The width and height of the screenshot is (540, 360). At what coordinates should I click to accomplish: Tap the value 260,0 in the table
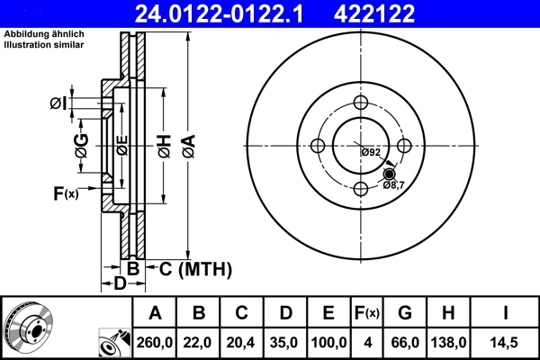(x=155, y=342)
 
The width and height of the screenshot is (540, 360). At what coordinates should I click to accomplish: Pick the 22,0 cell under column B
(x=200, y=342)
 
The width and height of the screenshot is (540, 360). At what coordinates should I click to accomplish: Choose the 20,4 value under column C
(x=242, y=342)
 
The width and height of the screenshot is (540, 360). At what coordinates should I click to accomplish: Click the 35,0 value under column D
(x=284, y=342)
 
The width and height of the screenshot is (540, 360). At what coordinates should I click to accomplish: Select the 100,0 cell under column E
(x=328, y=342)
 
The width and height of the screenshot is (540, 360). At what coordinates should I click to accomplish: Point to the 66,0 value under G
(x=405, y=342)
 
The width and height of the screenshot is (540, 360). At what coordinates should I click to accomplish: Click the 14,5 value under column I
(x=505, y=342)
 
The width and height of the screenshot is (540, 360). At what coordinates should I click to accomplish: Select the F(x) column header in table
(x=367, y=313)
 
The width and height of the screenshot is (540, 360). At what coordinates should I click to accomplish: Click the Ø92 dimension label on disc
(x=371, y=152)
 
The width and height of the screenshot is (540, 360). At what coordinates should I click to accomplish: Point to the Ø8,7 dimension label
(x=393, y=184)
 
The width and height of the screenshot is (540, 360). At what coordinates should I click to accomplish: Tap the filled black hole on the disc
(x=390, y=174)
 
